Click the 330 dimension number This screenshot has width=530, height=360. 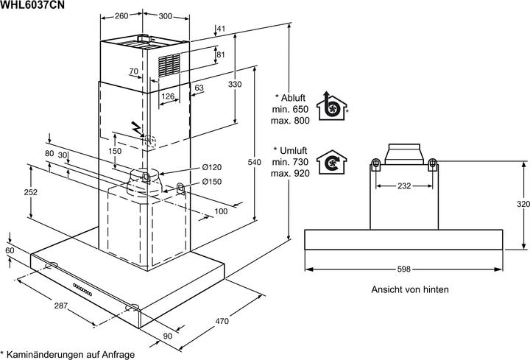[235, 85]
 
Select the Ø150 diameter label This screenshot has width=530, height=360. [211, 181]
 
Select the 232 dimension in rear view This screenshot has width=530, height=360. [403, 186]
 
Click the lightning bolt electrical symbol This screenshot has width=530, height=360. [136, 127]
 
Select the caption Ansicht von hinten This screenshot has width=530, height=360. [410, 289]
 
